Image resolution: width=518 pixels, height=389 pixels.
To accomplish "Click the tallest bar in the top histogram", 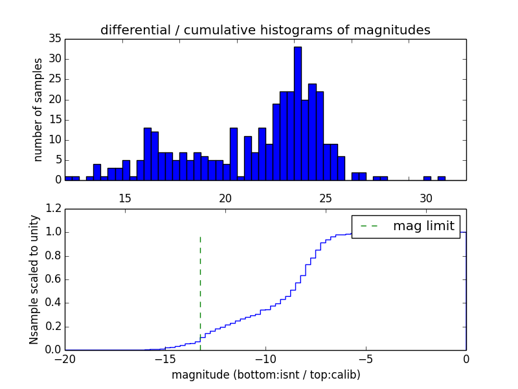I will [297, 113].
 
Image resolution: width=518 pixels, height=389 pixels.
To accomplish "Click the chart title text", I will [265, 30].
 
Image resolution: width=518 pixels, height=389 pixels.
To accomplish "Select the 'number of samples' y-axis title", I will [38, 110].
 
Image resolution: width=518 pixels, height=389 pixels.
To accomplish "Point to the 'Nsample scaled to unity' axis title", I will [34, 279].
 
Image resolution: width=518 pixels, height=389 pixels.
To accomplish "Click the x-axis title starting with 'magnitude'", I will [265, 375].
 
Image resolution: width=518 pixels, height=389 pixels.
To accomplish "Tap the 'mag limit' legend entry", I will [424, 226].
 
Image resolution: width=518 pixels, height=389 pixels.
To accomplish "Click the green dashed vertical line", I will [200, 285].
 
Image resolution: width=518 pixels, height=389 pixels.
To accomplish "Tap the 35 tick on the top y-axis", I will [54, 39].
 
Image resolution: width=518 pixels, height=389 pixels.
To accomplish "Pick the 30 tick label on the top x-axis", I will [426, 198].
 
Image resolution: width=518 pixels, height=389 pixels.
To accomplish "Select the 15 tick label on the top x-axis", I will [125, 198].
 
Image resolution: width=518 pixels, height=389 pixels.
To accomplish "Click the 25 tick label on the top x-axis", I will [326, 198].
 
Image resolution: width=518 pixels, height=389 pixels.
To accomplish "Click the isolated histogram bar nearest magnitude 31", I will [441, 178].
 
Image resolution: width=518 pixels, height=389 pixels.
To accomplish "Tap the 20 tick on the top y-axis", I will [54, 100].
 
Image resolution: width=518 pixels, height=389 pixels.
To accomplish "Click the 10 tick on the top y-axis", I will [54, 140].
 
